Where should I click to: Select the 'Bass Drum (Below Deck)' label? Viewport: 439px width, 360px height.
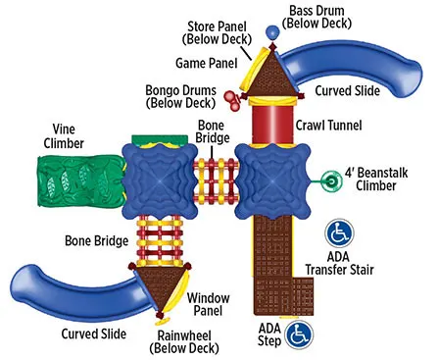point(318,17)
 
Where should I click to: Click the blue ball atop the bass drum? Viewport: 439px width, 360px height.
point(272,33)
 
